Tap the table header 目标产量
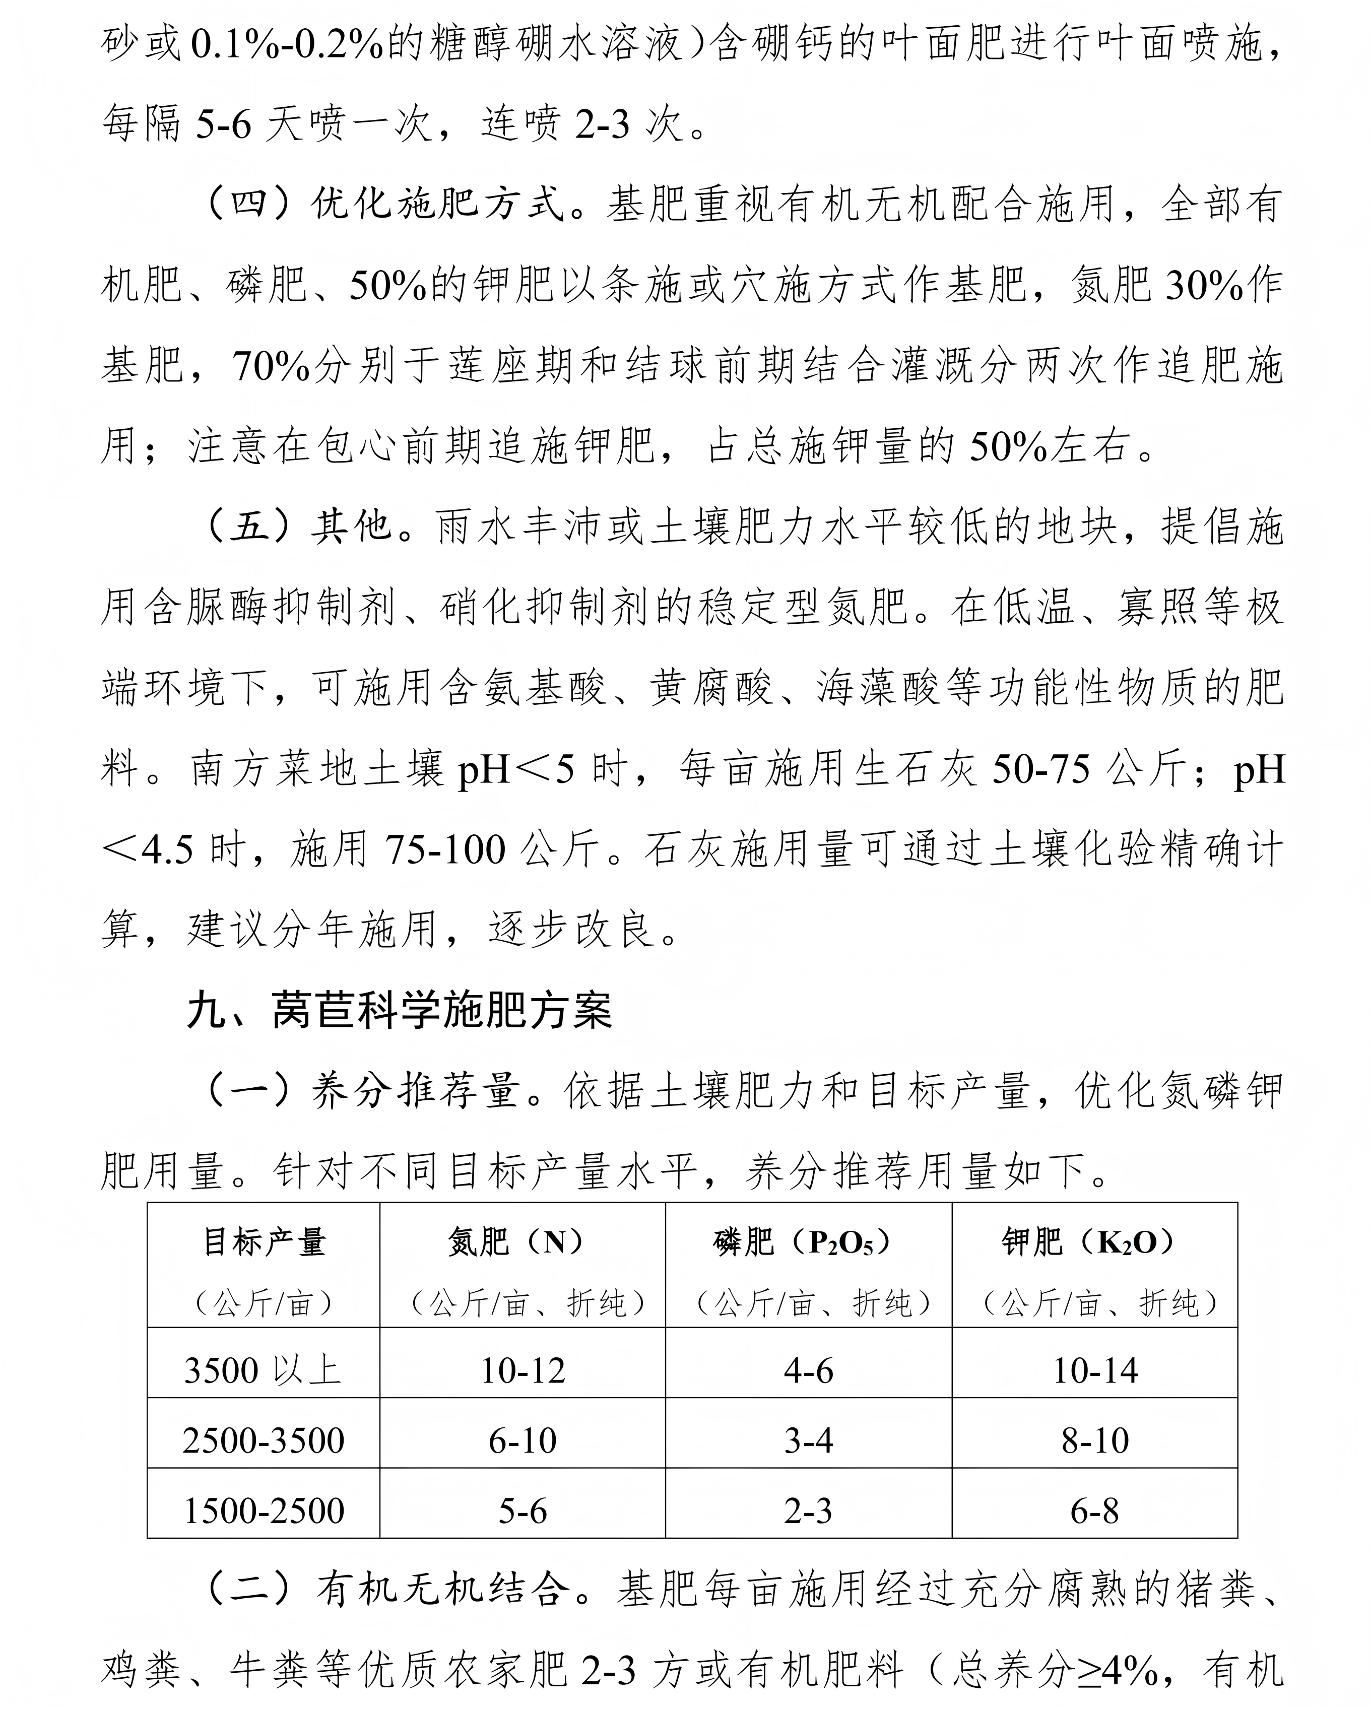264,1242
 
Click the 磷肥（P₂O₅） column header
808,1242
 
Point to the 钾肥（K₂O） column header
1094,1242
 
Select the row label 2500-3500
263,1440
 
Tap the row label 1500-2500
263,1511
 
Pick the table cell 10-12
523,1370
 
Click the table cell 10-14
1094,1370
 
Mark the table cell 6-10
523,1440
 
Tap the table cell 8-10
1094,1440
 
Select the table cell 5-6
523,1511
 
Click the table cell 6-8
1094,1511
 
